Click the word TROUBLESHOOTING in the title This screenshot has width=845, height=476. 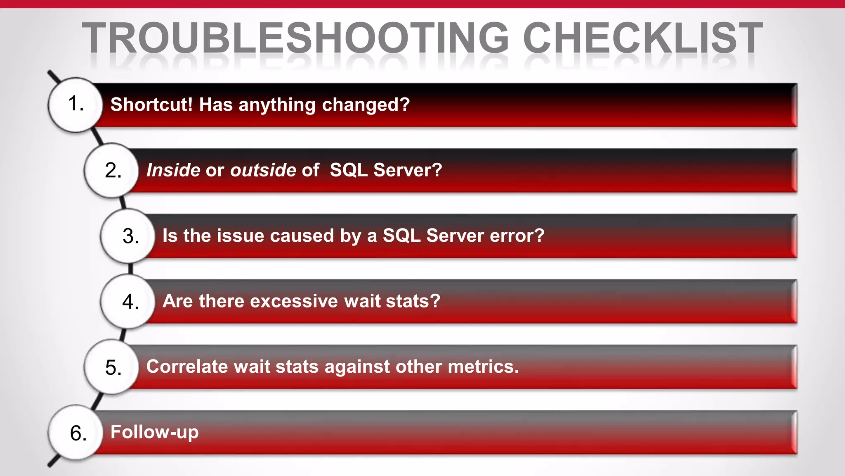(295, 38)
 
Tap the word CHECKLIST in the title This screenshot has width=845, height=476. (643, 38)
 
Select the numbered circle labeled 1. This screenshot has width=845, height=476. (75, 104)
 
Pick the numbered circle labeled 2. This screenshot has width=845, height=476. (112, 170)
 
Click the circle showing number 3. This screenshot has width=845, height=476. (129, 236)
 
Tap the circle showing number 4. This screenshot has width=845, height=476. (129, 301)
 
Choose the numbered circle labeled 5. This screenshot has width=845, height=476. (112, 367)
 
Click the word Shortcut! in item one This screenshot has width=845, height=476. (151, 104)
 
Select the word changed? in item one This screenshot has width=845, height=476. (366, 105)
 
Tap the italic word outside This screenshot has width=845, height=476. (263, 170)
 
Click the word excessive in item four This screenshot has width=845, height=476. (294, 301)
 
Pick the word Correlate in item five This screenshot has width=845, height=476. (186, 367)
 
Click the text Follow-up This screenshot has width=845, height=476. (154, 432)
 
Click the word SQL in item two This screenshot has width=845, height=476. (349, 170)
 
